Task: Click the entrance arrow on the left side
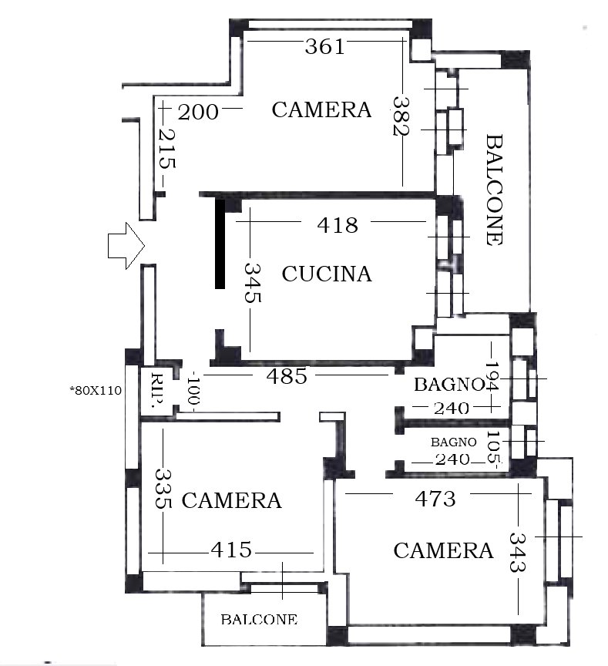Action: (126, 246)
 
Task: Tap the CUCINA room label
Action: (327, 274)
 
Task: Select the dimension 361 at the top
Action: (324, 46)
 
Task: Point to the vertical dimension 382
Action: (401, 116)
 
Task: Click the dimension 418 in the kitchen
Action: (338, 225)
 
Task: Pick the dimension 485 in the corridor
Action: (287, 376)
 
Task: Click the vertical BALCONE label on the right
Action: (494, 190)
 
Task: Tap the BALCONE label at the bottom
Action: (259, 619)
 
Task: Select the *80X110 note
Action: (96, 390)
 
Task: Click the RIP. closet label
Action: (157, 391)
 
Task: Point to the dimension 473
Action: (435, 499)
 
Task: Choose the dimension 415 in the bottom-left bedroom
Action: (231, 550)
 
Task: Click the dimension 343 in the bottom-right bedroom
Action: (518, 553)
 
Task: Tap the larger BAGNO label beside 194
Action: (449, 385)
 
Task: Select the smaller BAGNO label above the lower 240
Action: (453, 442)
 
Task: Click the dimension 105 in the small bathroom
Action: (493, 446)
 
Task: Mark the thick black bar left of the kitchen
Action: (220, 244)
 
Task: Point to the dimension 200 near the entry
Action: (198, 113)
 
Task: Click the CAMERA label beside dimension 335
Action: (232, 500)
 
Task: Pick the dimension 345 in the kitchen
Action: (253, 282)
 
